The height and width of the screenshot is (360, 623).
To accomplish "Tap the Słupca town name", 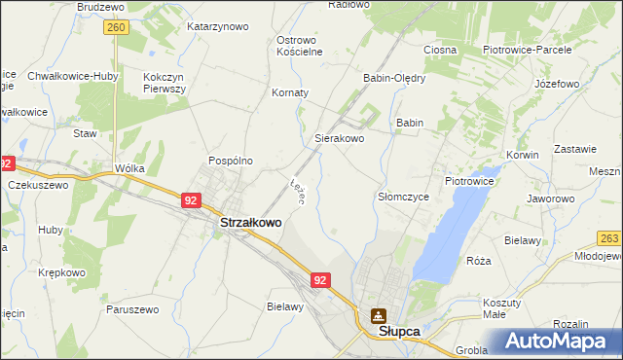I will [399, 332].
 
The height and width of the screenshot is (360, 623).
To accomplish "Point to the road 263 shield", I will [610, 237].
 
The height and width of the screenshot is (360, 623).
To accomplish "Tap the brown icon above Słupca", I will [378, 315].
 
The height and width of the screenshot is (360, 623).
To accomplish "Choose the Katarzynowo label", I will [217, 26].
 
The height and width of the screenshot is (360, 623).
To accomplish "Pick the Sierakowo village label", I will [339, 139].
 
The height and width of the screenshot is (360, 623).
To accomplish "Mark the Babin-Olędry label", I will [394, 78].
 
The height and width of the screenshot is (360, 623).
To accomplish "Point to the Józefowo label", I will [557, 84].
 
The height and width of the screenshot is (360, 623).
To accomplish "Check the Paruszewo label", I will [132, 309].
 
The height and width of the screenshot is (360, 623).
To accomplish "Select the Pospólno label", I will [231, 161].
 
